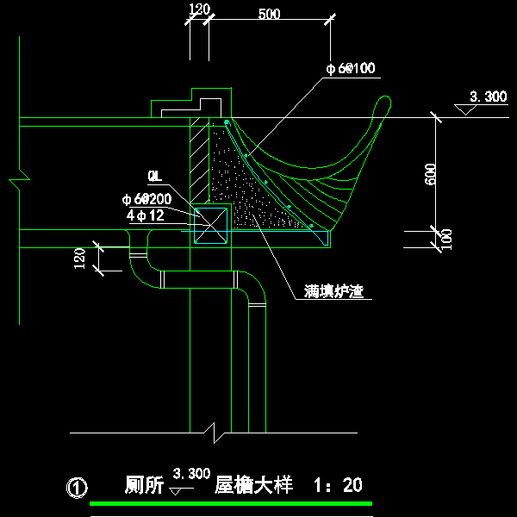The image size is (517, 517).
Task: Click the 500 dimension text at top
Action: pyautogui.click(x=269, y=14)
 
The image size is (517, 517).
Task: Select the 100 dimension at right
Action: pyautogui.click(x=445, y=239)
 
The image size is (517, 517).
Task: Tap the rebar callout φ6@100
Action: pyautogui.click(x=350, y=69)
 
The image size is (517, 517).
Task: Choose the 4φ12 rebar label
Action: pyautogui.click(x=144, y=215)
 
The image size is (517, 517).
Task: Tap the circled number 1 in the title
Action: pyautogui.click(x=77, y=489)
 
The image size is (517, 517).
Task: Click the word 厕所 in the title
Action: pyautogui.click(x=144, y=486)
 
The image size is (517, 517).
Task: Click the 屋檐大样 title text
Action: pyautogui.click(x=253, y=486)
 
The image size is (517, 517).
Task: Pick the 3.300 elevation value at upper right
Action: pyautogui.click(x=488, y=97)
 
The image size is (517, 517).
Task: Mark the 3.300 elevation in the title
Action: pyautogui.click(x=191, y=473)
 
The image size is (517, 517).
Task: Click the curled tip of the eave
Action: pyautogui.click(x=383, y=104)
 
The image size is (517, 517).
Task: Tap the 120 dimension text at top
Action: pyautogui.click(x=198, y=9)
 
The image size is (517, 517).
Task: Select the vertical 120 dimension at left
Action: pyautogui.click(x=79, y=258)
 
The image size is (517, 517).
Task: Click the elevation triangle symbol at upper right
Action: pyautogui.click(x=466, y=110)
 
